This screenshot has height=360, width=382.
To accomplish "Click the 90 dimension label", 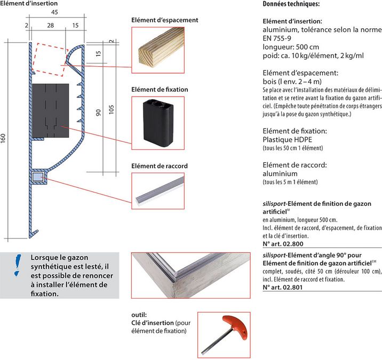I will pos(98,111).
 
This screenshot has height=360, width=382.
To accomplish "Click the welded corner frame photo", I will pos(190,275).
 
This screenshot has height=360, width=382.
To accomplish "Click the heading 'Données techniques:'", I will pos(291,4).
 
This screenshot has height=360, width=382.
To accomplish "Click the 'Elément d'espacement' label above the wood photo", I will pos(165,20).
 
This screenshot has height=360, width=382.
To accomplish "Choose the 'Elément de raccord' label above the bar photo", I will pos(160,166).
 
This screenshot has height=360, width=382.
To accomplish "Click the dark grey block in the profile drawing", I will pos(51,109).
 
